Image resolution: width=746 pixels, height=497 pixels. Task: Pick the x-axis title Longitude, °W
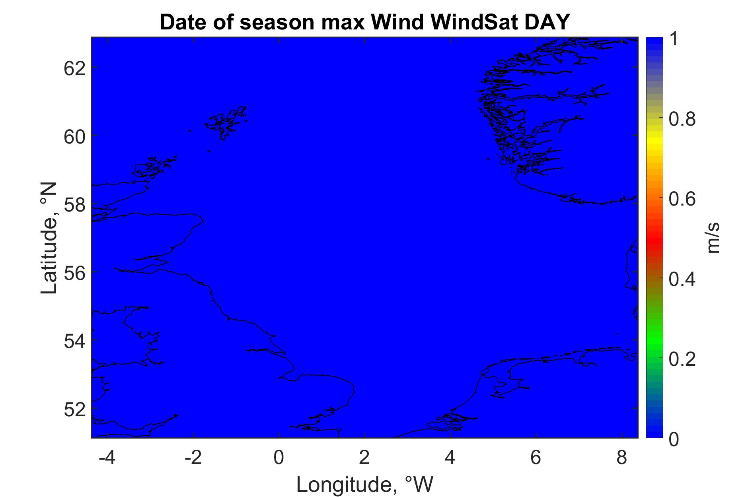point(365,485)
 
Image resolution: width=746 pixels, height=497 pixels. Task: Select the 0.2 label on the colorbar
point(683,359)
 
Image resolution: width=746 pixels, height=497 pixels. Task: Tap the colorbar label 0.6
point(683,199)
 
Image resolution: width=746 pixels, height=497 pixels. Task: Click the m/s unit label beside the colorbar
point(715,237)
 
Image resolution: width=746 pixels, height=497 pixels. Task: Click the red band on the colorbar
point(654,237)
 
